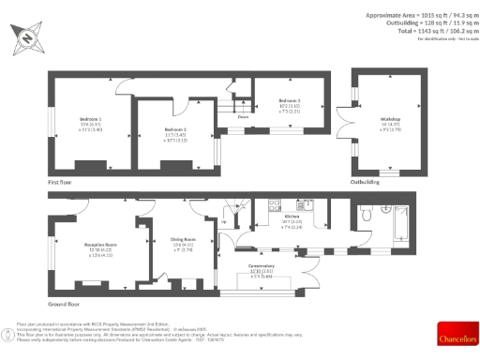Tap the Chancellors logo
pyautogui.click(x=456, y=332)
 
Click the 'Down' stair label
pyautogui.click(x=243, y=117)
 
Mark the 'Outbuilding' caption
pyautogui.click(x=364, y=182)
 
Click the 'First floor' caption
pyautogui.click(x=61, y=182)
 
